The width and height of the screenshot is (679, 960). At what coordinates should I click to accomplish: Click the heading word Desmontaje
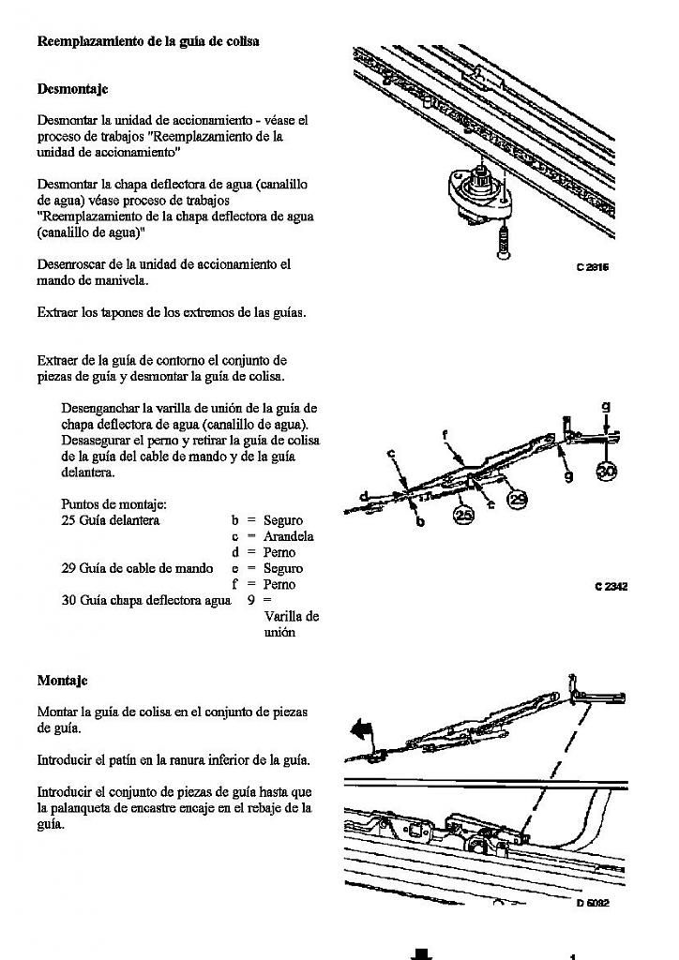[x=72, y=89]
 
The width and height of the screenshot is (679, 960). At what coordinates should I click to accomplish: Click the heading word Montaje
[x=62, y=680]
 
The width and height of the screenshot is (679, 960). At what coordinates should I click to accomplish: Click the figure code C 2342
[x=611, y=587]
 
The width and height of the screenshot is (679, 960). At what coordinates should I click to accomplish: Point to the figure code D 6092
[x=593, y=903]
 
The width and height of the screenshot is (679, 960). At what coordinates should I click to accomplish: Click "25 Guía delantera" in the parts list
[x=111, y=520]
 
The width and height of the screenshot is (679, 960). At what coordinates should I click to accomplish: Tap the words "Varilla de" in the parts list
[x=292, y=616]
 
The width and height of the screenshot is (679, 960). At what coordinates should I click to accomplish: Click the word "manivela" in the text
[x=146, y=279]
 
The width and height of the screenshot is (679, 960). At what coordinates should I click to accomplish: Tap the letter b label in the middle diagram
[x=419, y=521]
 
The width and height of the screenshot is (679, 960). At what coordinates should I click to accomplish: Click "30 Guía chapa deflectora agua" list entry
[x=145, y=600]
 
